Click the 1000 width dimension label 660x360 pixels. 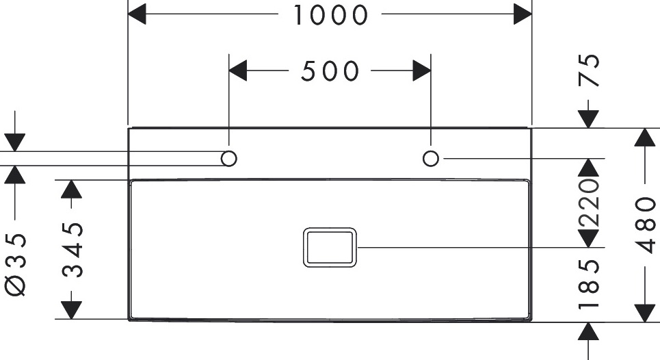click(330, 14)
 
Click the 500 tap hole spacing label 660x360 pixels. click(330, 70)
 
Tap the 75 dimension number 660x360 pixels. click(589, 70)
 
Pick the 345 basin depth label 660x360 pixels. click(72, 249)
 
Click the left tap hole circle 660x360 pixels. click(229, 159)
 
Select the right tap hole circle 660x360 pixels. click(430, 159)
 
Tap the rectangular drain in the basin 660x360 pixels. click(330, 246)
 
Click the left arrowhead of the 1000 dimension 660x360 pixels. click(137, 14)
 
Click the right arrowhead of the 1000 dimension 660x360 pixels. click(523, 14)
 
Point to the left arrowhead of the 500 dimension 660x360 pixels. click(237, 70)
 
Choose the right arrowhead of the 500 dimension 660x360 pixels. click(421, 70)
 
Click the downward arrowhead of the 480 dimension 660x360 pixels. click(644, 311)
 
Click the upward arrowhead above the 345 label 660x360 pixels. click(72, 189)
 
